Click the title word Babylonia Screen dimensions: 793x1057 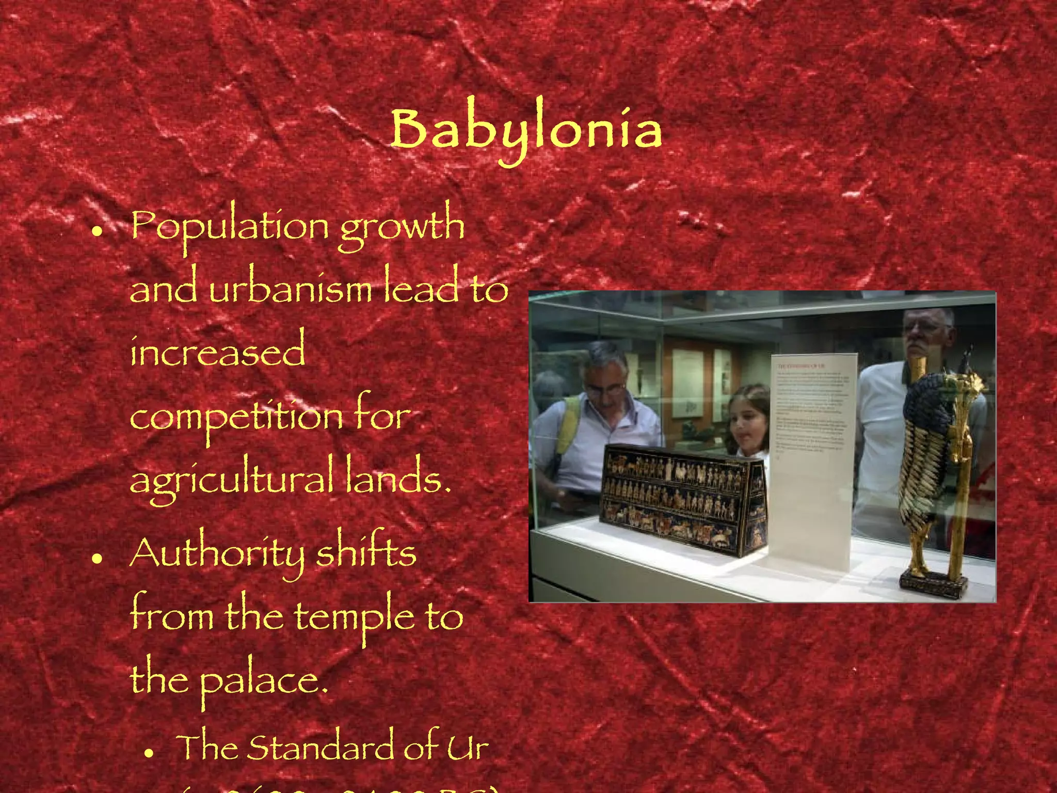(525, 130)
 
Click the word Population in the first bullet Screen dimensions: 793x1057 (229, 227)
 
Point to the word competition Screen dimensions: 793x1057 (235, 417)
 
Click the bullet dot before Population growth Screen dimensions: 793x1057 (95, 233)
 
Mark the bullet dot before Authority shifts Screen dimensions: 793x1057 (95, 559)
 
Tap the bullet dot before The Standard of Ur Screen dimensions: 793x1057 (149, 753)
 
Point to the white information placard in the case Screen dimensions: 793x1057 (810, 459)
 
